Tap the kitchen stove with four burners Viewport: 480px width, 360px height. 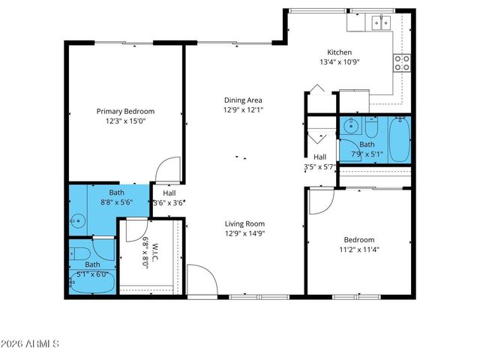pos(402,63)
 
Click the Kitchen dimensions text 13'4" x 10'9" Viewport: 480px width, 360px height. pos(339,61)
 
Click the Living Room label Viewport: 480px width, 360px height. pos(244,223)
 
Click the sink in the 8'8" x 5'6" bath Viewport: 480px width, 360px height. pos(77,221)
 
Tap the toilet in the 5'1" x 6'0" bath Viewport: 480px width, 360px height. pos(78,253)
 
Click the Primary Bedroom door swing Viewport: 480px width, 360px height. pos(168,169)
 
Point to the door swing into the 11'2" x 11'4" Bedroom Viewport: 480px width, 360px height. pos(320,200)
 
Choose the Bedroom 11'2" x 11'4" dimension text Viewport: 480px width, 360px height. pos(358,250)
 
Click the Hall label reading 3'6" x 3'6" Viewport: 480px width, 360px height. pos(169,202)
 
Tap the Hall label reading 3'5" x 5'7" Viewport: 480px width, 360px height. pos(319,166)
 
